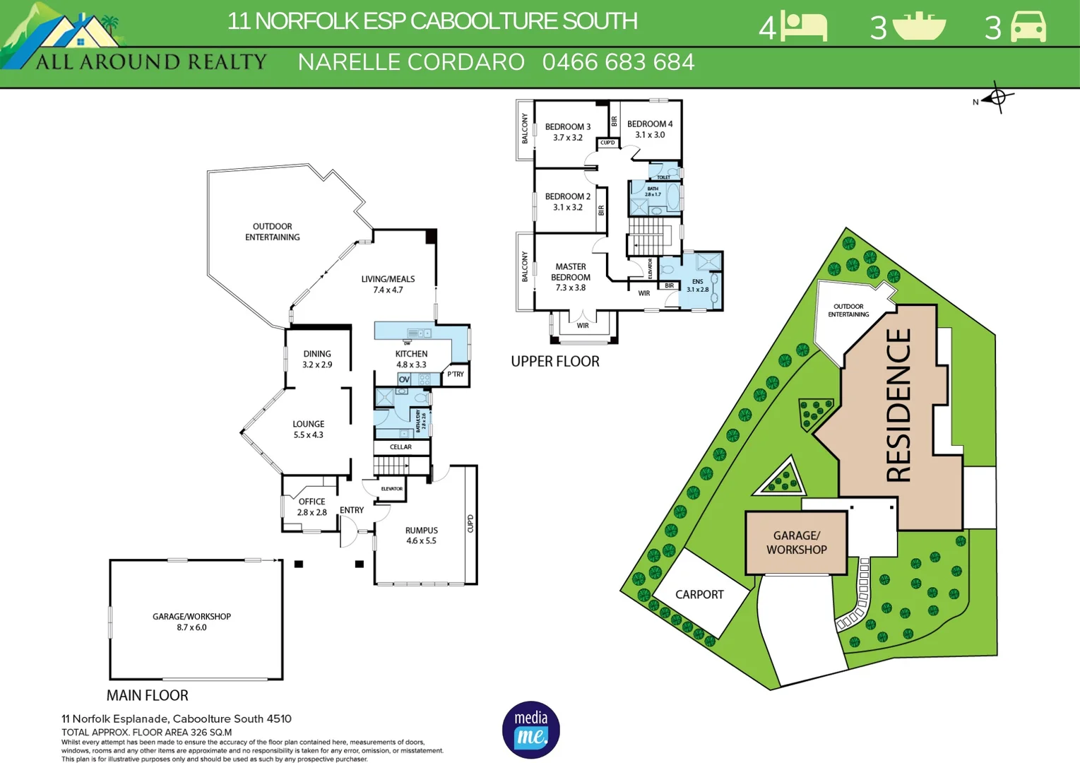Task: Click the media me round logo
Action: (x=530, y=730)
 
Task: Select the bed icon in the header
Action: (x=804, y=27)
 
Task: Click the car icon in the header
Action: (x=1028, y=27)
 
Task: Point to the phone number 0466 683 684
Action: (x=618, y=62)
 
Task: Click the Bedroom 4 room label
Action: (x=650, y=129)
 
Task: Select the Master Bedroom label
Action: (x=571, y=277)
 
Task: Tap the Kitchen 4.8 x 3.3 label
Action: (x=411, y=359)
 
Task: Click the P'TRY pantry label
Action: (x=456, y=374)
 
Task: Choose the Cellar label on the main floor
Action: (x=400, y=447)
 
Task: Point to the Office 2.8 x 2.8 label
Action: (x=311, y=507)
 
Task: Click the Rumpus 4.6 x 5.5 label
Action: (x=421, y=536)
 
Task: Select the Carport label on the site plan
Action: (x=699, y=595)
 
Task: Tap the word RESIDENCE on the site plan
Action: (x=898, y=406)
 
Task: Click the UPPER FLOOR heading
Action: (x=555, y=362)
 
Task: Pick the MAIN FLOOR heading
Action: (x=147, y=695)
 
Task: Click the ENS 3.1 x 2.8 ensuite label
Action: (x=697, y=285)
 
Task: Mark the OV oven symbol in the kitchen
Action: (x=404, y=379)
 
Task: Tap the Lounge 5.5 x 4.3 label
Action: (x=308, y=430)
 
